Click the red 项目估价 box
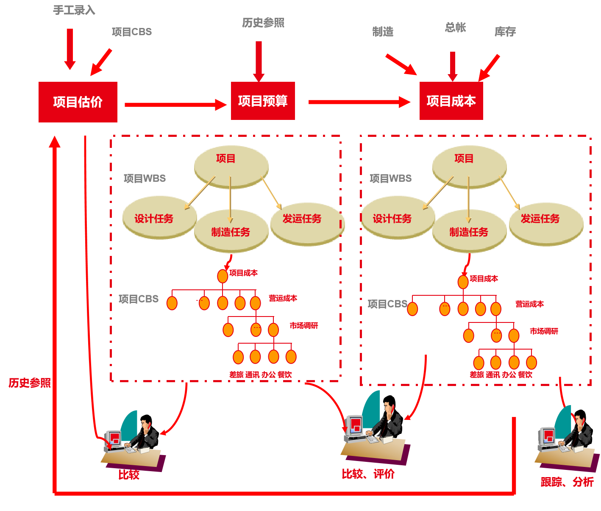tap(78, 102)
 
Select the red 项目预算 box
tap(263, 101)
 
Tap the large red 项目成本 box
tap(451, 101)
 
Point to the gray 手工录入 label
tap(74, 11)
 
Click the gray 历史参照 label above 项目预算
tap(263, 23)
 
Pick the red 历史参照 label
tap(30, 383)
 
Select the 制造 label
tap(383, 32)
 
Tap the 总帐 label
tap(456, 28)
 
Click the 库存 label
tap(505, 32)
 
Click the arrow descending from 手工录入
tap(70, 49)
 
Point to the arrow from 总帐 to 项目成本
tap(453, 66)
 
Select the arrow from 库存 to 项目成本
tap(489, 68)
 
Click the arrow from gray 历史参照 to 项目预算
tap(259, 61)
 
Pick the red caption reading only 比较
tap(129, 475)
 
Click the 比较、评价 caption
tap(368, 474)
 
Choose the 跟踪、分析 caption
tap(567, 482)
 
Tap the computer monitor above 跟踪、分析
tap(548, 436)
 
